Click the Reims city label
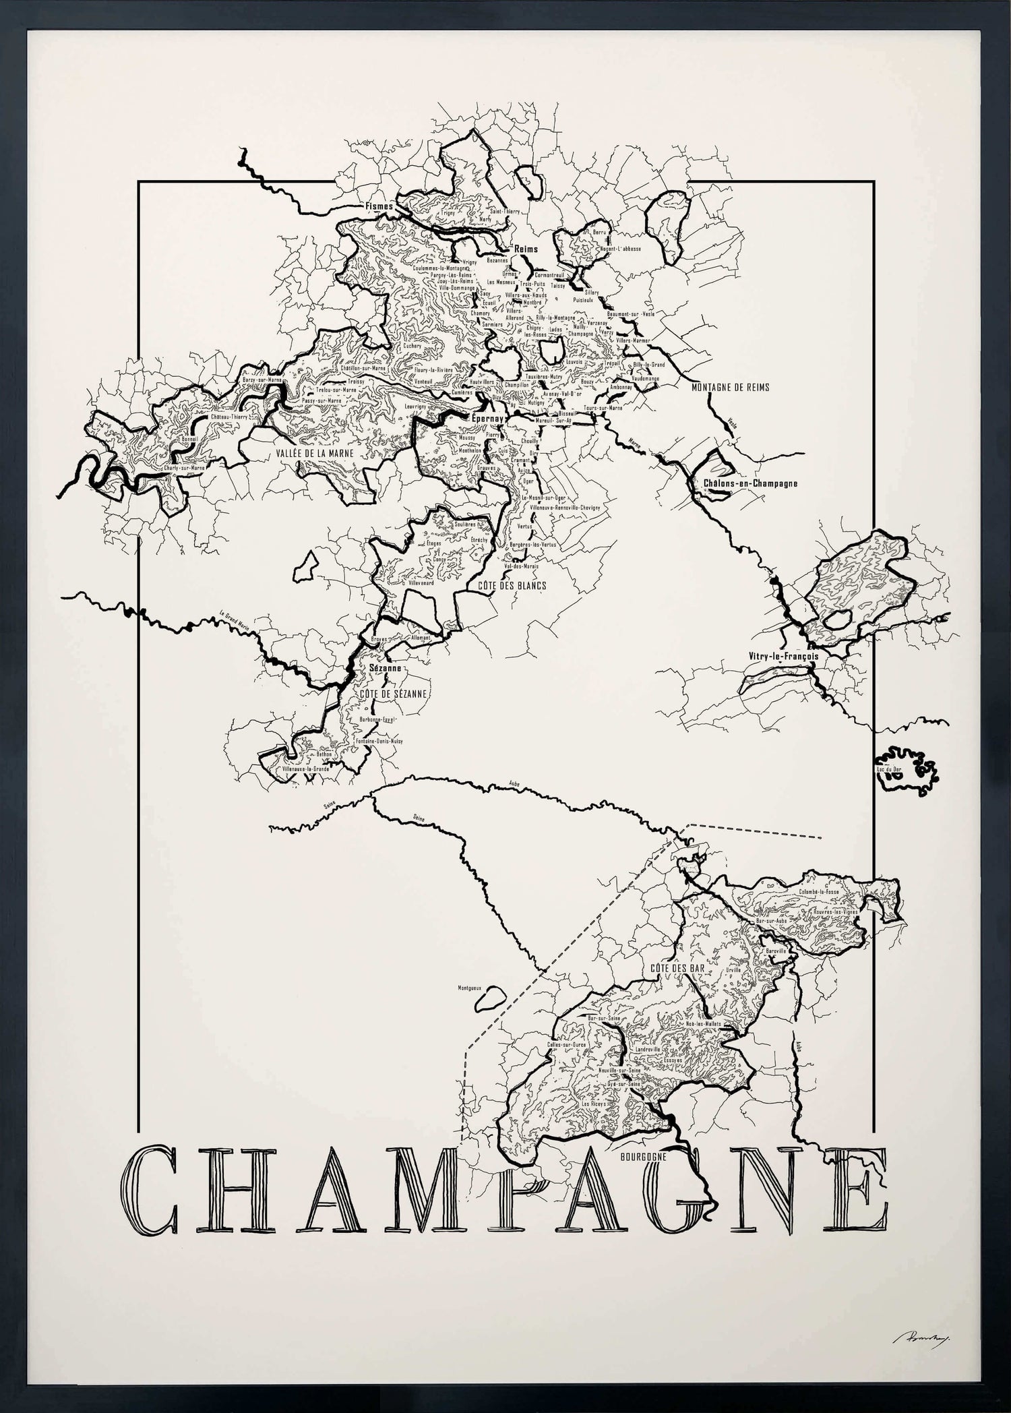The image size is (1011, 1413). tap(526, 249)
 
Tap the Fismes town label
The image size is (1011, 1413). tap(379, 206)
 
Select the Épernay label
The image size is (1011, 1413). tap(486, 418)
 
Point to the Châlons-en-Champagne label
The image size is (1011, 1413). tap(750, 483)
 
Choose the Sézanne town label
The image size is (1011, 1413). tap(386, 669)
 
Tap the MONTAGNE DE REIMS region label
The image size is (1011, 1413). tap(730, 388)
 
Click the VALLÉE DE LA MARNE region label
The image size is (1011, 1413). tap(315, 454)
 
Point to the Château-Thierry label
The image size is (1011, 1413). tap(229, 417)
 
